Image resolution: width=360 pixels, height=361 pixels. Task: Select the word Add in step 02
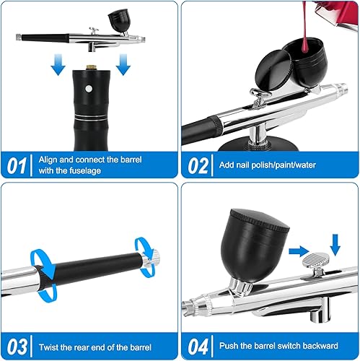pyautogui.click(x=227, y=164)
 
